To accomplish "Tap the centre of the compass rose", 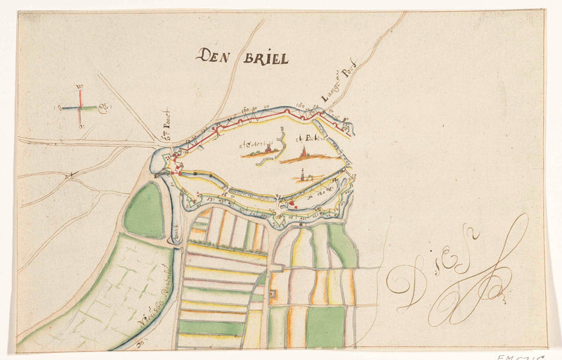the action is pyautogui.click(x=79, y=108).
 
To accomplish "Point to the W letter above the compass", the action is pyautogui.click(x=79, y=86).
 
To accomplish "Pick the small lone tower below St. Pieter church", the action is pyautogui.click(x=303, y=176).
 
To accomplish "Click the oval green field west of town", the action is pyautogui.click(x=145, y=210).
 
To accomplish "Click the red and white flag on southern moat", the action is pyautogui.click(x=290, y=204).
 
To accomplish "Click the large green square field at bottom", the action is pyautogui.click(x=325, y=326).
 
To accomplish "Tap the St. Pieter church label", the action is pyautogui.click(x=308, y=139).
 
